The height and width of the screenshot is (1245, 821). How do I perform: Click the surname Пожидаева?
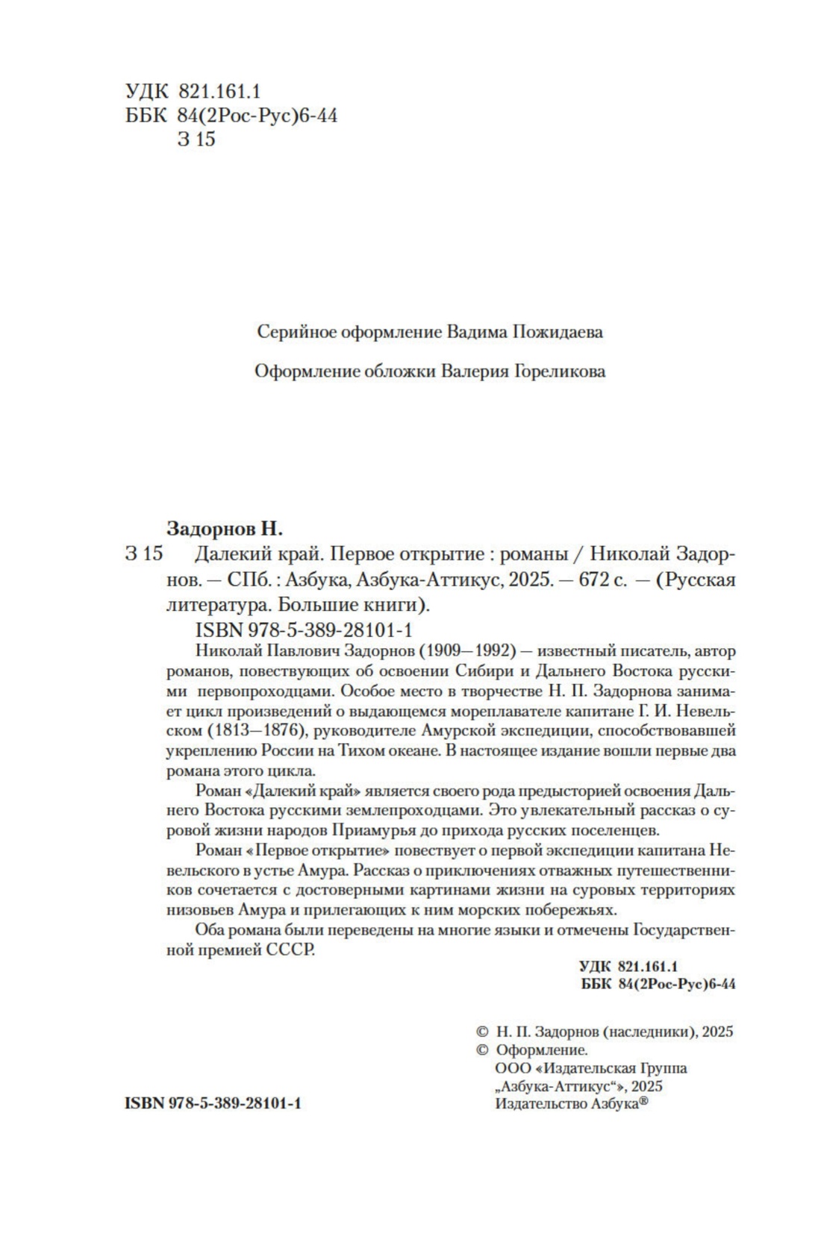(x=558, y=332)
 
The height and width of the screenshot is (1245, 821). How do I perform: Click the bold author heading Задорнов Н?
(x=224, y=529)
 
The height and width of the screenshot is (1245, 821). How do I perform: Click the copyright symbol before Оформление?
(x=481, y=1050)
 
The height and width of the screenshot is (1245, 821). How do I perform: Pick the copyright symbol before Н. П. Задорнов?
(x=481, y=1032)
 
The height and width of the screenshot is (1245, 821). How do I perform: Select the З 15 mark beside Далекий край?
(x=144, y=554)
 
